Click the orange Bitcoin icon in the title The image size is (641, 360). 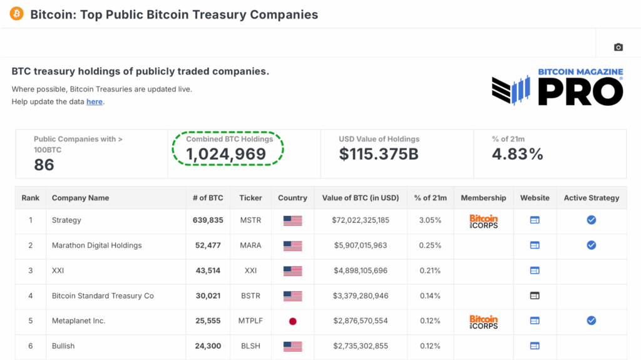pos(16,14)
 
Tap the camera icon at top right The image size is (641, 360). pos(618,47)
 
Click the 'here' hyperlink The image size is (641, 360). pos(95,101)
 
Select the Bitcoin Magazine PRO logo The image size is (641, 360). pos(557,88)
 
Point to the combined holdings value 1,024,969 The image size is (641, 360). pos(226,155)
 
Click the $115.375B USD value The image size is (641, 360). pos(379,155)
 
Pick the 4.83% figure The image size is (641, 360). pos(517,155)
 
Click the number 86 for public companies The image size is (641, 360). pos(44,165)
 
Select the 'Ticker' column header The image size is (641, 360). pos(250,198)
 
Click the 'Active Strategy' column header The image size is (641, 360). pos(591,198)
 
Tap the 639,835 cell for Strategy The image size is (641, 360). pos(208,220)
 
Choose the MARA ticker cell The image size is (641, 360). pos(250,245)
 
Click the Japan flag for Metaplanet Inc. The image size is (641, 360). pos(292,321)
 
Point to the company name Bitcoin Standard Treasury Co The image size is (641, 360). pos(103,296)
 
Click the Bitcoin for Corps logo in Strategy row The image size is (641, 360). pos(483,221)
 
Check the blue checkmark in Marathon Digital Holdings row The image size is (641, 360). pos(591,245)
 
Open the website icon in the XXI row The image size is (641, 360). pos(535,270)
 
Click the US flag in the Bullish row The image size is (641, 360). pos(292,346)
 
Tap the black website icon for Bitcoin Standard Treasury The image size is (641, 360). pos(535,296)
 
